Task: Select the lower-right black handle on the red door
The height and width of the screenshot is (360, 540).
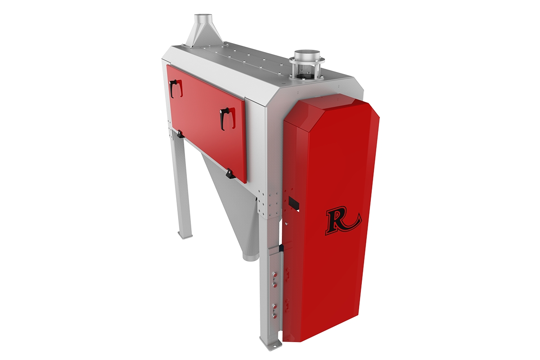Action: (x=227, y=119)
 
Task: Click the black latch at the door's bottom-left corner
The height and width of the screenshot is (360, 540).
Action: (x=179, y=134)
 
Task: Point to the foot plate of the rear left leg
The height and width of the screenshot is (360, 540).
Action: (x=184, y=235)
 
